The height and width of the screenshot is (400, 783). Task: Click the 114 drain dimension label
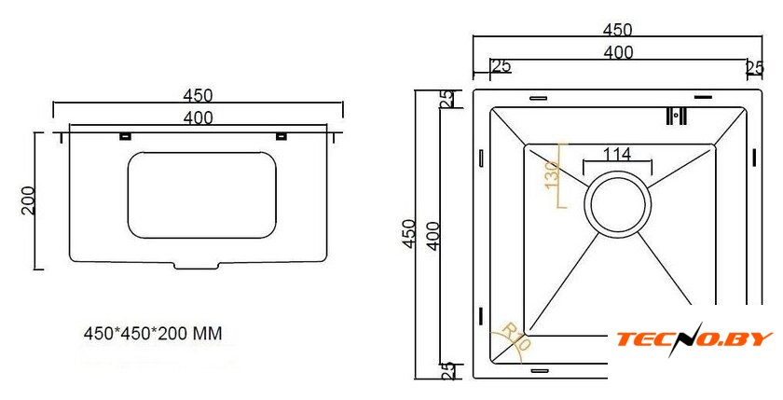coord(617,154)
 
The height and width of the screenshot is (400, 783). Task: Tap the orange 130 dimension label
coord(551,175)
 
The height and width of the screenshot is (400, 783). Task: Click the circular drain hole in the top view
coord(618,203)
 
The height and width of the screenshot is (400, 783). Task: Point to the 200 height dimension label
coord(28,200)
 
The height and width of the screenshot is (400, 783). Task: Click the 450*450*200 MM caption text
coord(153,333)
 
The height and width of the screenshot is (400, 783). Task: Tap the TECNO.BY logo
coord(694,339)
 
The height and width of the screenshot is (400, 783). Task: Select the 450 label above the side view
coord(198,95)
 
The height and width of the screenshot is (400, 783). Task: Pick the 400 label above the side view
coord(198,117)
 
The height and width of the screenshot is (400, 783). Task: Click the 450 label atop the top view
coord(617,30)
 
